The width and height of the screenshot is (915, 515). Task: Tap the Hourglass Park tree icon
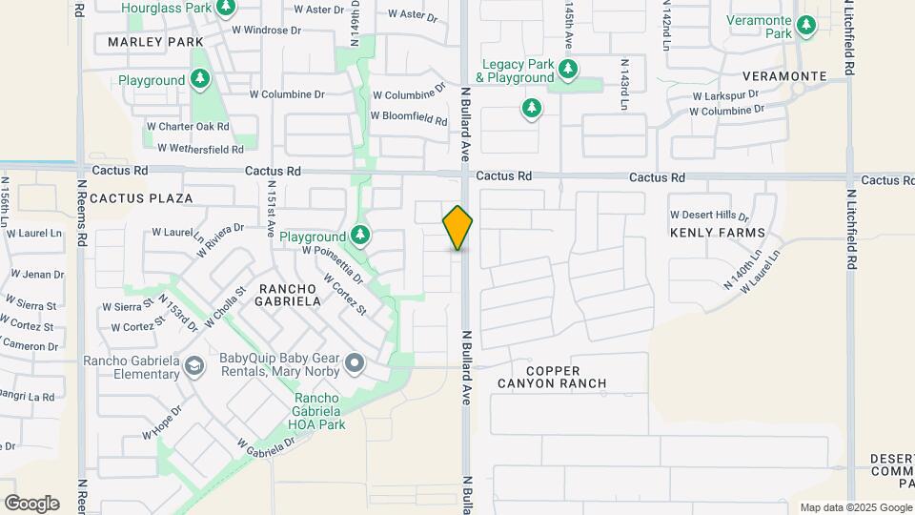(225, 9)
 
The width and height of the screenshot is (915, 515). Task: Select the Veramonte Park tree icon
(806, 25)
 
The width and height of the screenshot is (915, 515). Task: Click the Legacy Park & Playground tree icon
(568, 68)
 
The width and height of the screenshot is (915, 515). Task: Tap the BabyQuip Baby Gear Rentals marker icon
(355, 362)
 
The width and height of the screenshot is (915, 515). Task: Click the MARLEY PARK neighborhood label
(155, 42)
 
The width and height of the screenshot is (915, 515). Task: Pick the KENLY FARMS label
(717, 233)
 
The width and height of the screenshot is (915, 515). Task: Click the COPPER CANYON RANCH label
(552, 376)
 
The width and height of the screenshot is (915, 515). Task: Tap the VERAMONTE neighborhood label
(785, 75)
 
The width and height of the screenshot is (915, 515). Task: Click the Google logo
(31, 504)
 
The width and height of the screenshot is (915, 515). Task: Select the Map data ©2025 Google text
(855, 507)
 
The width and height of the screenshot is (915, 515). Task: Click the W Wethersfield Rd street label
(195, 148)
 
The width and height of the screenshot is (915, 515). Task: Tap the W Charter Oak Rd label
(188, 126)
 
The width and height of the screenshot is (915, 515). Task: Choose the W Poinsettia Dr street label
(332, 263)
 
